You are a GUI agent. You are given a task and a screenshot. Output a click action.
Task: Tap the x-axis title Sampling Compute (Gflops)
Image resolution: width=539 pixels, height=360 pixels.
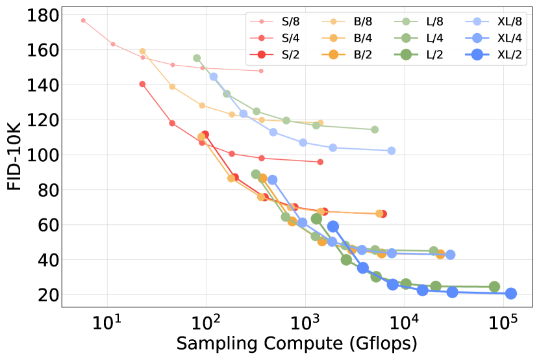(296, 343)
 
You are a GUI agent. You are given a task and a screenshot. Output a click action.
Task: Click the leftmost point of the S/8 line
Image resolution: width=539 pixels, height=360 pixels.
(83, 20)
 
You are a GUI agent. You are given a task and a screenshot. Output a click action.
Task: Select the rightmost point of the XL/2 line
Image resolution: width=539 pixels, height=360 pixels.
(511, 293)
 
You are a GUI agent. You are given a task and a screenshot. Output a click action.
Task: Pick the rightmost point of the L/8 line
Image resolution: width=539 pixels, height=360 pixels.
(375, 129)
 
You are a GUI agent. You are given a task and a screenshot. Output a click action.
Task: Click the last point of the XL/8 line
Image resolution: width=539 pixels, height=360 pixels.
(392, 150)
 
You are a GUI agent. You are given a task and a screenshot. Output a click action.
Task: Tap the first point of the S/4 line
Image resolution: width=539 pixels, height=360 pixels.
(142, 84)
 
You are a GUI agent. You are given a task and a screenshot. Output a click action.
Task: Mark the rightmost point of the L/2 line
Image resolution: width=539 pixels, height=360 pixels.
(494, 287)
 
